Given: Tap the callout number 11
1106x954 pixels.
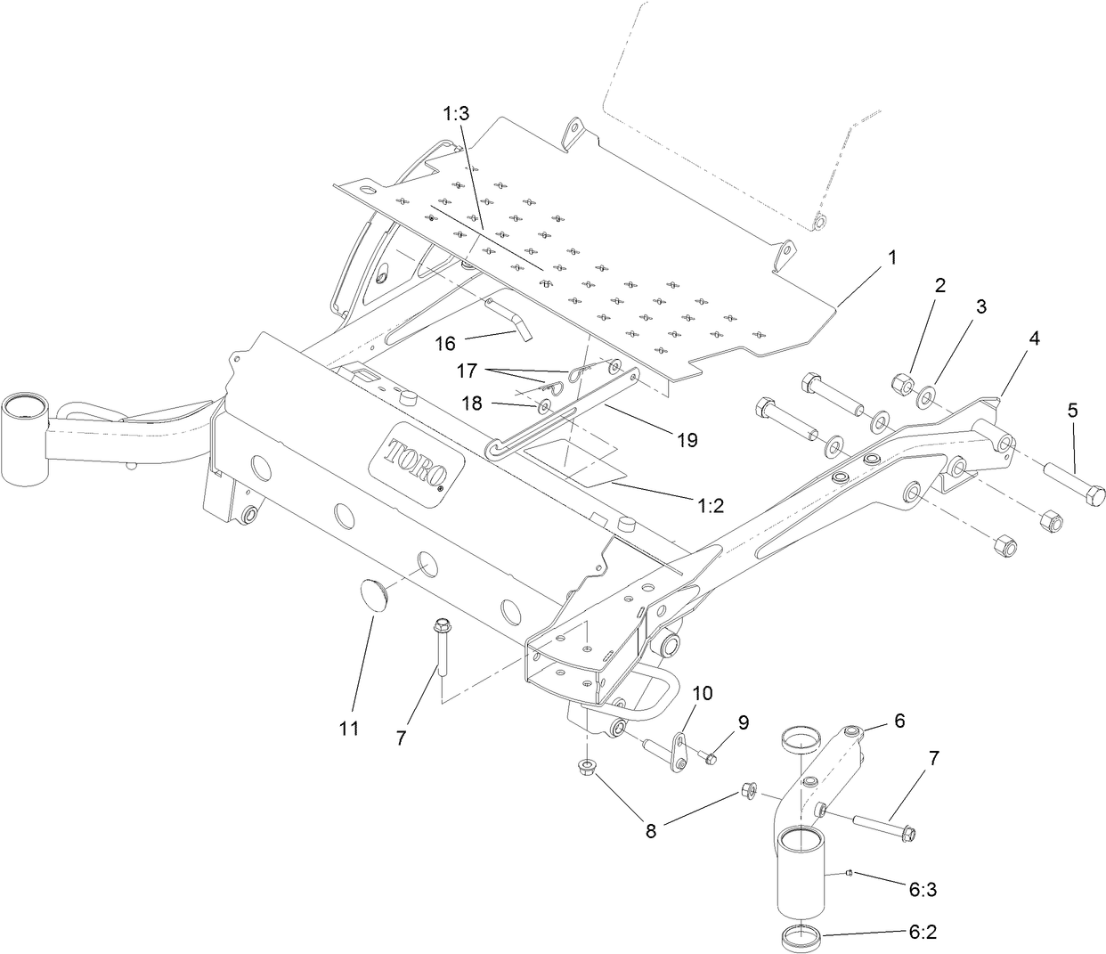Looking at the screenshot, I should click(x=349, y=729).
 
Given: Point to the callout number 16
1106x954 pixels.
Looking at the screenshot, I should click(x=444, y=343).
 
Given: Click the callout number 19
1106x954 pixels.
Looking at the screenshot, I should click(x=686, y=439).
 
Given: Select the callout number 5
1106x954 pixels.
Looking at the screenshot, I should click(x=1072, y=411).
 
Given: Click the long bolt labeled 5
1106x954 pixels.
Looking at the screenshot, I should click(x=1072, y=481).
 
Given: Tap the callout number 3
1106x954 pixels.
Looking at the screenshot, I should click(x=980, y=307).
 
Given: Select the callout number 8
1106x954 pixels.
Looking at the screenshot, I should click(x=651, y=830).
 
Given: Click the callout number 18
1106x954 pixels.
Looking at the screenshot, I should click(x=471, y=403).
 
